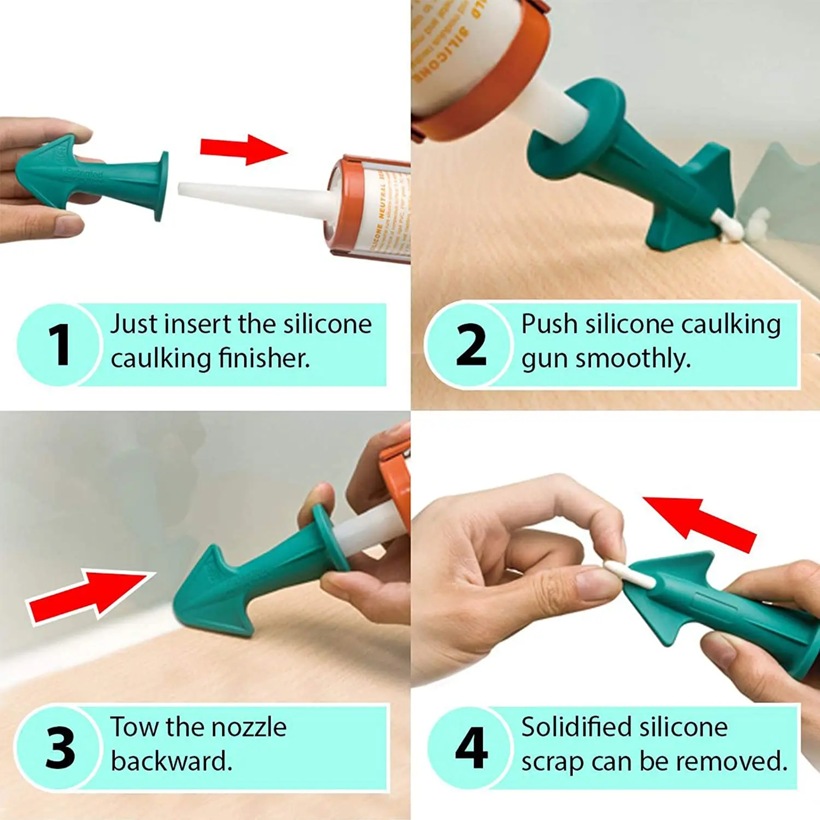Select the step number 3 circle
click(59, 747)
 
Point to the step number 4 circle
click(470, 747)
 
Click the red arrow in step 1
click(244, 149)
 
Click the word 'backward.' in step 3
click(172, 762)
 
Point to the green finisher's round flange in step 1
click(162, 186)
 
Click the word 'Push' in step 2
click(549, 324)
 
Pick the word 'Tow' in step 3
click(134, 728)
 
